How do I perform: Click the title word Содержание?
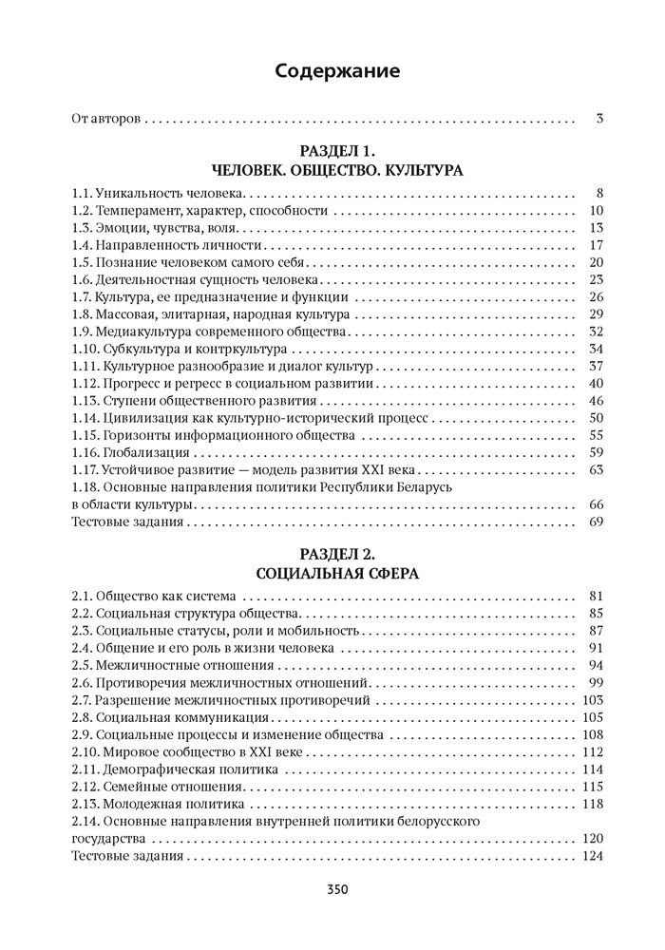tap(337, 70)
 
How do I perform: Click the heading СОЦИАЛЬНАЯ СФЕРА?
tap(338, 573)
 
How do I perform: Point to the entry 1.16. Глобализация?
tap(124, 452)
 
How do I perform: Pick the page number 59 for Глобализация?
tap(597, 452)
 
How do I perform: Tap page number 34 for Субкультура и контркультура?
tap(597, 350)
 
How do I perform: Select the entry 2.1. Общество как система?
tap(153, 597)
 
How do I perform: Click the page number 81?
tap(597, 597)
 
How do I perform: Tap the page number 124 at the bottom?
tap(593, 856)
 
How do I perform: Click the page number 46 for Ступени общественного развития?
tap(597, 401)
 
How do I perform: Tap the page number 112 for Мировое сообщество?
tap(593, 751)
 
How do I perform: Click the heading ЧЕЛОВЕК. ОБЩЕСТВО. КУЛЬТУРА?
tap(338, 171)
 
